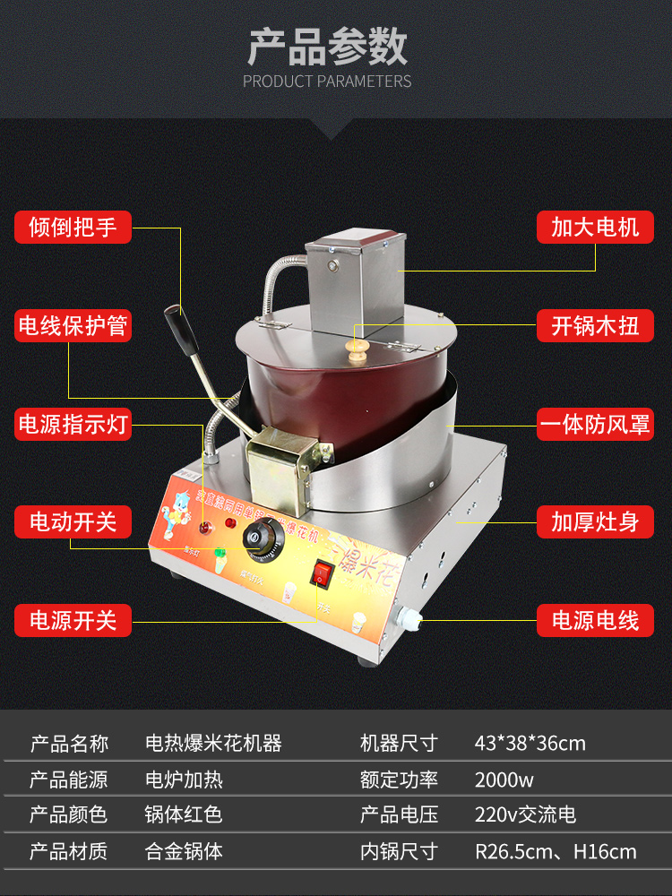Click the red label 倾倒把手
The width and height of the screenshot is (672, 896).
tap(73, 227)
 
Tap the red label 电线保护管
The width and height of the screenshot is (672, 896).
tap(73, 325)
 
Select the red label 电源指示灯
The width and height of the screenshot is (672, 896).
tap(73, 424)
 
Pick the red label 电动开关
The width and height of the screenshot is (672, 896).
tap(73, 521)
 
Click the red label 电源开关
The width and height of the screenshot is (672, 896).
tap(73, 620)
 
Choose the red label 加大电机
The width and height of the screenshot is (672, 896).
tap(595, 227)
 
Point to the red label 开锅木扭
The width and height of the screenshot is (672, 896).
tap(595, 325)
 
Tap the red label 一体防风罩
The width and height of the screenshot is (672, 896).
tap(595, 424)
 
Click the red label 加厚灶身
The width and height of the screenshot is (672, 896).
tap(595, 521)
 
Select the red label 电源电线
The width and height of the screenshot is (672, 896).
tap(595, 620)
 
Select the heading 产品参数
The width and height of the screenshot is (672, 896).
tap(328, 47)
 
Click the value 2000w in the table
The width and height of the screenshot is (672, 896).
tap(504, 780)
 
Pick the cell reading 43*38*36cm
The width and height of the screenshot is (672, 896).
tap(530, 743)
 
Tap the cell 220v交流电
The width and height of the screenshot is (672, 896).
tap(525, 814)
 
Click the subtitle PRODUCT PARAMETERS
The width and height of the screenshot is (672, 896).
tap(327, 82)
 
